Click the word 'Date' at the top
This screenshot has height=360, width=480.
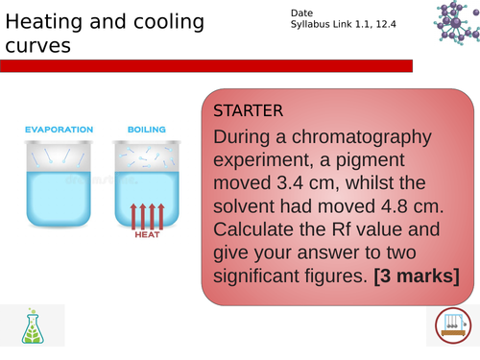[x=300, y=12]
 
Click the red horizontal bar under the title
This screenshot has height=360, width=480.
[x=205, y=65]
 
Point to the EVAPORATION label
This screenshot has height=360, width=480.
[x=59, y=130]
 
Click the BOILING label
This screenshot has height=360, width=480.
[x=146, y=130]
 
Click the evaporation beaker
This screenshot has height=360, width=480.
[x=59, y=178]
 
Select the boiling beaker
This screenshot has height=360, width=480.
[x=147, y=178]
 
